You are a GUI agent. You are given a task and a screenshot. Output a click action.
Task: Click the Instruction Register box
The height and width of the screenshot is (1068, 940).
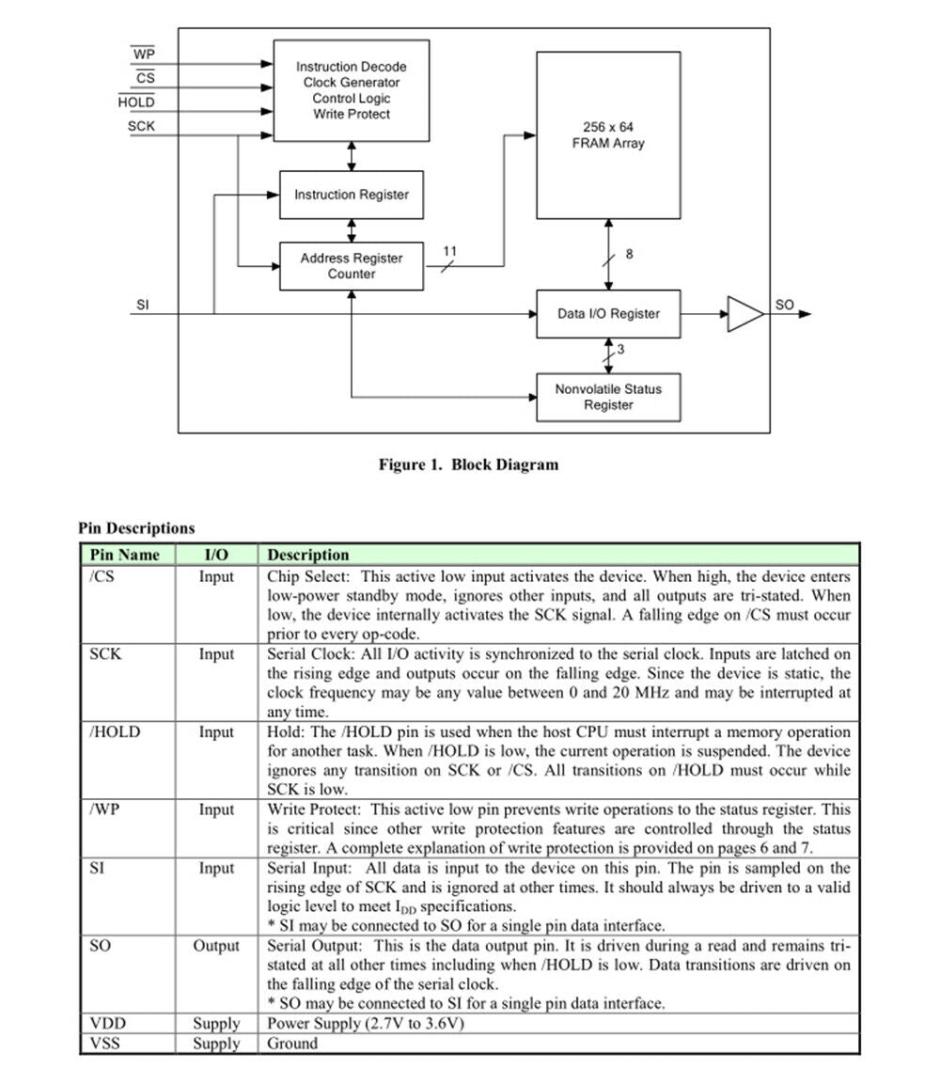352,195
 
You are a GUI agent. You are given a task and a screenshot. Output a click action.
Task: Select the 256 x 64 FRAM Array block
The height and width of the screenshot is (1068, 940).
608,135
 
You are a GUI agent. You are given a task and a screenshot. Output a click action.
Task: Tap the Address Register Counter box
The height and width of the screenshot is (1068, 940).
352,266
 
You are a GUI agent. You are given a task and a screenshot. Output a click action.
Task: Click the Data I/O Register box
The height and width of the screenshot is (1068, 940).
608,314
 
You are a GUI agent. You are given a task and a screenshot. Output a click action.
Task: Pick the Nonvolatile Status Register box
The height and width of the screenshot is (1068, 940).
608,397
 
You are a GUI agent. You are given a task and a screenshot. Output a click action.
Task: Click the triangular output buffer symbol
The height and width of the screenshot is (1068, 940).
745,314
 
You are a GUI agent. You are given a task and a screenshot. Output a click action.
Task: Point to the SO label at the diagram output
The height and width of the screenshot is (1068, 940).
785,305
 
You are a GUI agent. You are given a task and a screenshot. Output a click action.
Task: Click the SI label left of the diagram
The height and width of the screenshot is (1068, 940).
142,305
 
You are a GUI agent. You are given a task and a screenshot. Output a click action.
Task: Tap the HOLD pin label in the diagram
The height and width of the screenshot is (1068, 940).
136,102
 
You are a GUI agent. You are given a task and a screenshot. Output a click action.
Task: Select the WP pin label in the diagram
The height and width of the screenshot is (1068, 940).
144,54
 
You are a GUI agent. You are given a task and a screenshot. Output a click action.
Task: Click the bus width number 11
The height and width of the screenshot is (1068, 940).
449,251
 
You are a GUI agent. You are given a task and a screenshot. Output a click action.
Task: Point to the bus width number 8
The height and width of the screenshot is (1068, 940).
630,254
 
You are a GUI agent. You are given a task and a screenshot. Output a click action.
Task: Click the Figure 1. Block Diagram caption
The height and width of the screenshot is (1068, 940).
469,464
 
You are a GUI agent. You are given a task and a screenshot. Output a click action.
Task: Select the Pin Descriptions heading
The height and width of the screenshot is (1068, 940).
136,527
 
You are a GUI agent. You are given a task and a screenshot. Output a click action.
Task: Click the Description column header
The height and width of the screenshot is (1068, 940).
308,555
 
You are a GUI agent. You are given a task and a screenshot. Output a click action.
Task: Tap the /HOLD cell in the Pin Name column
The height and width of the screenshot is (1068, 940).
115,731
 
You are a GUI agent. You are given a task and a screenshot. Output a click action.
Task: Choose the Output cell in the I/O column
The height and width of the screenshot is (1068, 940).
216,946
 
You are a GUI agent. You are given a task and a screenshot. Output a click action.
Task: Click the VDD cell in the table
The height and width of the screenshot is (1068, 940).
107,1023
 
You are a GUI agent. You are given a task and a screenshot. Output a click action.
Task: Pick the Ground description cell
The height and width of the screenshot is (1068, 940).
292,1043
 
